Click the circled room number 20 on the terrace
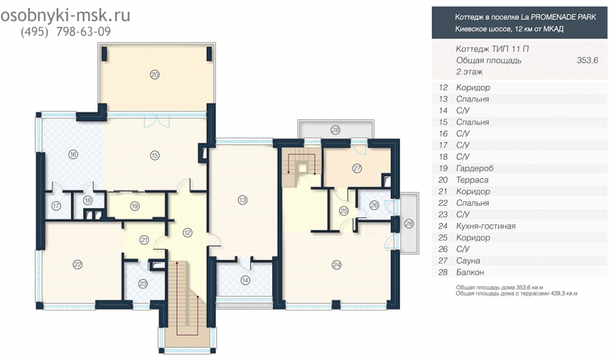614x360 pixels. (x=155, y=74)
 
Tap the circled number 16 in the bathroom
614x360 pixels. (x=73, y=155)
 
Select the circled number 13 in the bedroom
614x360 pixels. (x=243, y=200)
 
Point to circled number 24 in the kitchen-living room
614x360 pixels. (x=336, y=265)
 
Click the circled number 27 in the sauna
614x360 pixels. (x=357, y=168)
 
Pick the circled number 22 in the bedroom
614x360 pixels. (x=78, y=265)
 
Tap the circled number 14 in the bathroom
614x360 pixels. (x=245, y=280)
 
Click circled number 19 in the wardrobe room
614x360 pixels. (x=134, y=206)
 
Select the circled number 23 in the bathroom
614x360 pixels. (x=143, y=284)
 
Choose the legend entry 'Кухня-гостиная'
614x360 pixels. (x=486, y=226)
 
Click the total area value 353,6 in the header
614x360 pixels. (x=587, y=60)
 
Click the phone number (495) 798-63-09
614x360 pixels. (x=65, y=31)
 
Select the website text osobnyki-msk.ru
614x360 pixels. (x=65, y=16)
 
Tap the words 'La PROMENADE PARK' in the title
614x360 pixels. (x=558, y=17)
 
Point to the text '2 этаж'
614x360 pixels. (x=469, y=72)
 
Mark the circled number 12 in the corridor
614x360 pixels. (x=187, y=232)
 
